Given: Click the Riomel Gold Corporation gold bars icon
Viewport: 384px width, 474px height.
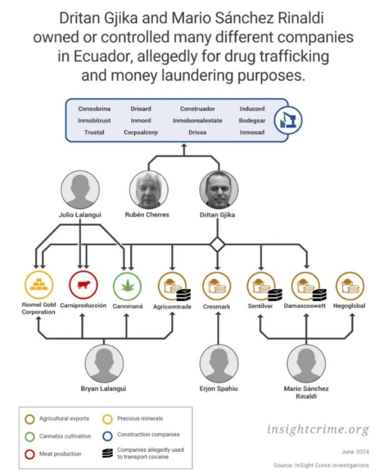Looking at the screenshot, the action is [39, 285].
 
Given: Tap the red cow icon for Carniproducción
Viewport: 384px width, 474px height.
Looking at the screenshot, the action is [83, 285].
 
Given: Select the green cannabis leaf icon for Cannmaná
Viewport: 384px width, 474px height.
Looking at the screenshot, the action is [127, 286].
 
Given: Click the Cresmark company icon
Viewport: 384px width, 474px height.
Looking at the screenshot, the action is [216, 286].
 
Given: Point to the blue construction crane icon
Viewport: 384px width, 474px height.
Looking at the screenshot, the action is [288, 120].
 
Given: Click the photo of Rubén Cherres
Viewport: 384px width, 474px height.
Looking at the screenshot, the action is [149, 190].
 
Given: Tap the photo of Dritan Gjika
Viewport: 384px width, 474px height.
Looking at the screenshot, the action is [219, 190].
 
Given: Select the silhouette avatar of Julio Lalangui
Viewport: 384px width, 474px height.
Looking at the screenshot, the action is [80, 190].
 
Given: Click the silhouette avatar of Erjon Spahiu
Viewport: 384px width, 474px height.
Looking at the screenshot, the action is [219, 363].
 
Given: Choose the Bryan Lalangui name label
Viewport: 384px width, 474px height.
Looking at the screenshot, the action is [104, 388].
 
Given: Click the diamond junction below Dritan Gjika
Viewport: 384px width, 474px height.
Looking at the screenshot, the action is [218, 245].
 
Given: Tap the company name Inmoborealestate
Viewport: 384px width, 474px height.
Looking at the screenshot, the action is [198, 121].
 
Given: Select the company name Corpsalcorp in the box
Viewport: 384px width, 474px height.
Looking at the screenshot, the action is [140, 132].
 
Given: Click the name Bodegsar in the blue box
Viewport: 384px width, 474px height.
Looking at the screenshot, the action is [252, 121].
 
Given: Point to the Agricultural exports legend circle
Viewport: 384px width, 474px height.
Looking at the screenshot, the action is [29, 420].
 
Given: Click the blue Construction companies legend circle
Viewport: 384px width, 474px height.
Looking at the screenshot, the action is [107, 436].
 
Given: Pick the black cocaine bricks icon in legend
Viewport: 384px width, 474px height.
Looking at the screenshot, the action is [107, 453].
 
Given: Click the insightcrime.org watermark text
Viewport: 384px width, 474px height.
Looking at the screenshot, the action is [318, 429].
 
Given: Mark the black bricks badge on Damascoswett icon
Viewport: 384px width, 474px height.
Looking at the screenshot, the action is [319, 295].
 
